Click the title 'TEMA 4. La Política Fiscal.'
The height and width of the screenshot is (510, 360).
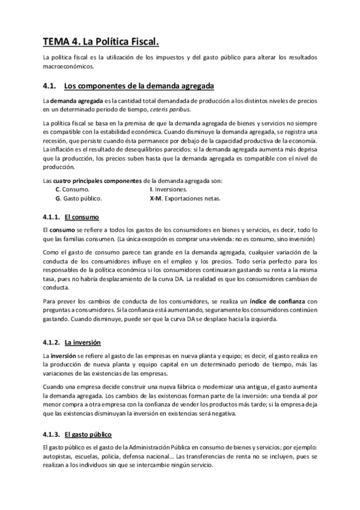tap(102, 41)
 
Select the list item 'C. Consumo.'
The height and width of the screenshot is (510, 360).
tap(72, 189)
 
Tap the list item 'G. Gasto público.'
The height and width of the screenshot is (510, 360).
tap(78, 198)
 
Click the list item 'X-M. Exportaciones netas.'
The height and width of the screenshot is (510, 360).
tap(185, 198)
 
